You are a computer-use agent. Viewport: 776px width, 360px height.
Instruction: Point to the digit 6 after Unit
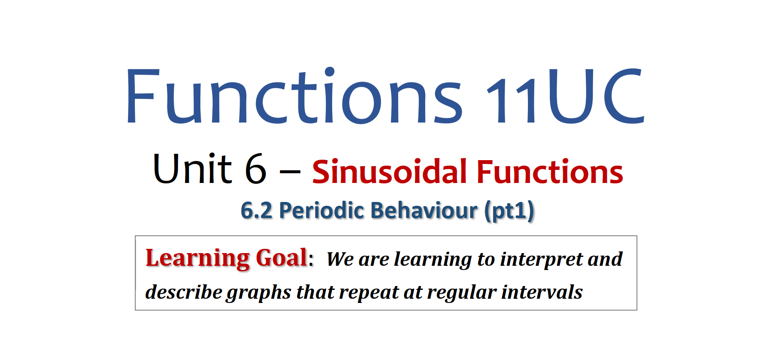[x=256, y=169]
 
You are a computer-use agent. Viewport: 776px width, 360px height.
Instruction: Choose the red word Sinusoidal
[x=389, y=172]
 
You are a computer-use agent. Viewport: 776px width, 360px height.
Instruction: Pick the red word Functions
[x=550, y=172]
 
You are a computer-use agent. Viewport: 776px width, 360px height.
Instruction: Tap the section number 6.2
[x=257, y=210]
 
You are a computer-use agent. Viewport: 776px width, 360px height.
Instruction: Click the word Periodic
[x=322, y=210]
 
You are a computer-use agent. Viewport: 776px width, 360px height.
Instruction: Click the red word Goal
[x=282, y=258]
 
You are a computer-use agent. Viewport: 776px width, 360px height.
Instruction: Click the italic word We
[x=340, y=259]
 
